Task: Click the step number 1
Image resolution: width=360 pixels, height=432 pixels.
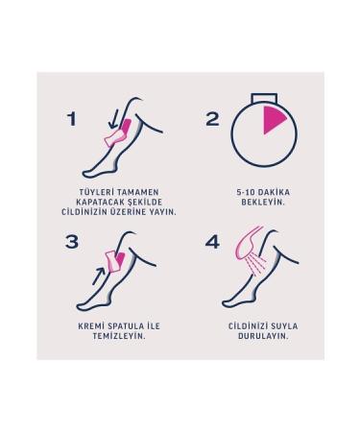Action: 70,120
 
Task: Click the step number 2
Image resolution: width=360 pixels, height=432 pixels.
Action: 213,120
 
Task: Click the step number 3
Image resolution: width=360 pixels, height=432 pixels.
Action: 71,242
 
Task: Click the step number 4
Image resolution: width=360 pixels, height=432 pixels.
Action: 212,242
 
